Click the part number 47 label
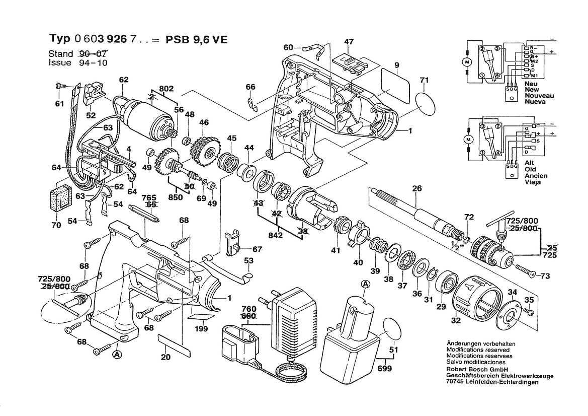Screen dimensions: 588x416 [349, 42]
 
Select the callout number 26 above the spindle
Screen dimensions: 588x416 [416, 188]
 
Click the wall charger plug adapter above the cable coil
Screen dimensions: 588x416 [293, 316]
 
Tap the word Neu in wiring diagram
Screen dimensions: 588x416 [531, 84]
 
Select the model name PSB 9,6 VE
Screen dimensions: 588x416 [197, 39]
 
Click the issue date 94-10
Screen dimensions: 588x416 [94, 63]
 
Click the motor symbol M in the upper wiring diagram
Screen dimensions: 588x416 [467, 61]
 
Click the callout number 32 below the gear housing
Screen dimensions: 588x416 [456, 320]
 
